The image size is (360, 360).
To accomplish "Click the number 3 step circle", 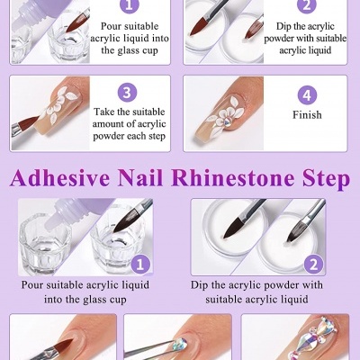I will (128, 93).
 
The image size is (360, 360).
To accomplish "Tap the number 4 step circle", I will (307, 94).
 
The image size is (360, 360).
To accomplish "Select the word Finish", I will (307, 115).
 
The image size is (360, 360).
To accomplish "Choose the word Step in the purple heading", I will (327, 178).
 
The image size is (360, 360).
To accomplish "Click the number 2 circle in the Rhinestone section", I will (313, 265).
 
